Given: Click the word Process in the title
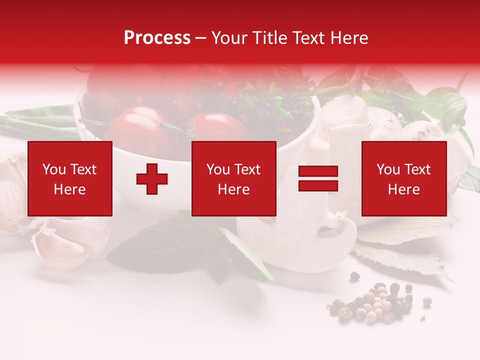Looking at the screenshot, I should click(x=157, y=38).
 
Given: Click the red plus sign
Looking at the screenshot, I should click(x=152, y=179).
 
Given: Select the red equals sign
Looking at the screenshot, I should click(x=318, y=178).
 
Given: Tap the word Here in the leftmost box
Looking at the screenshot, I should click(x=69, y=189).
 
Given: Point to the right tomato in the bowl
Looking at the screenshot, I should click(x=220, y=127).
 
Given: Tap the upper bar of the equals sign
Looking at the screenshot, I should click(x=318, y=171).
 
